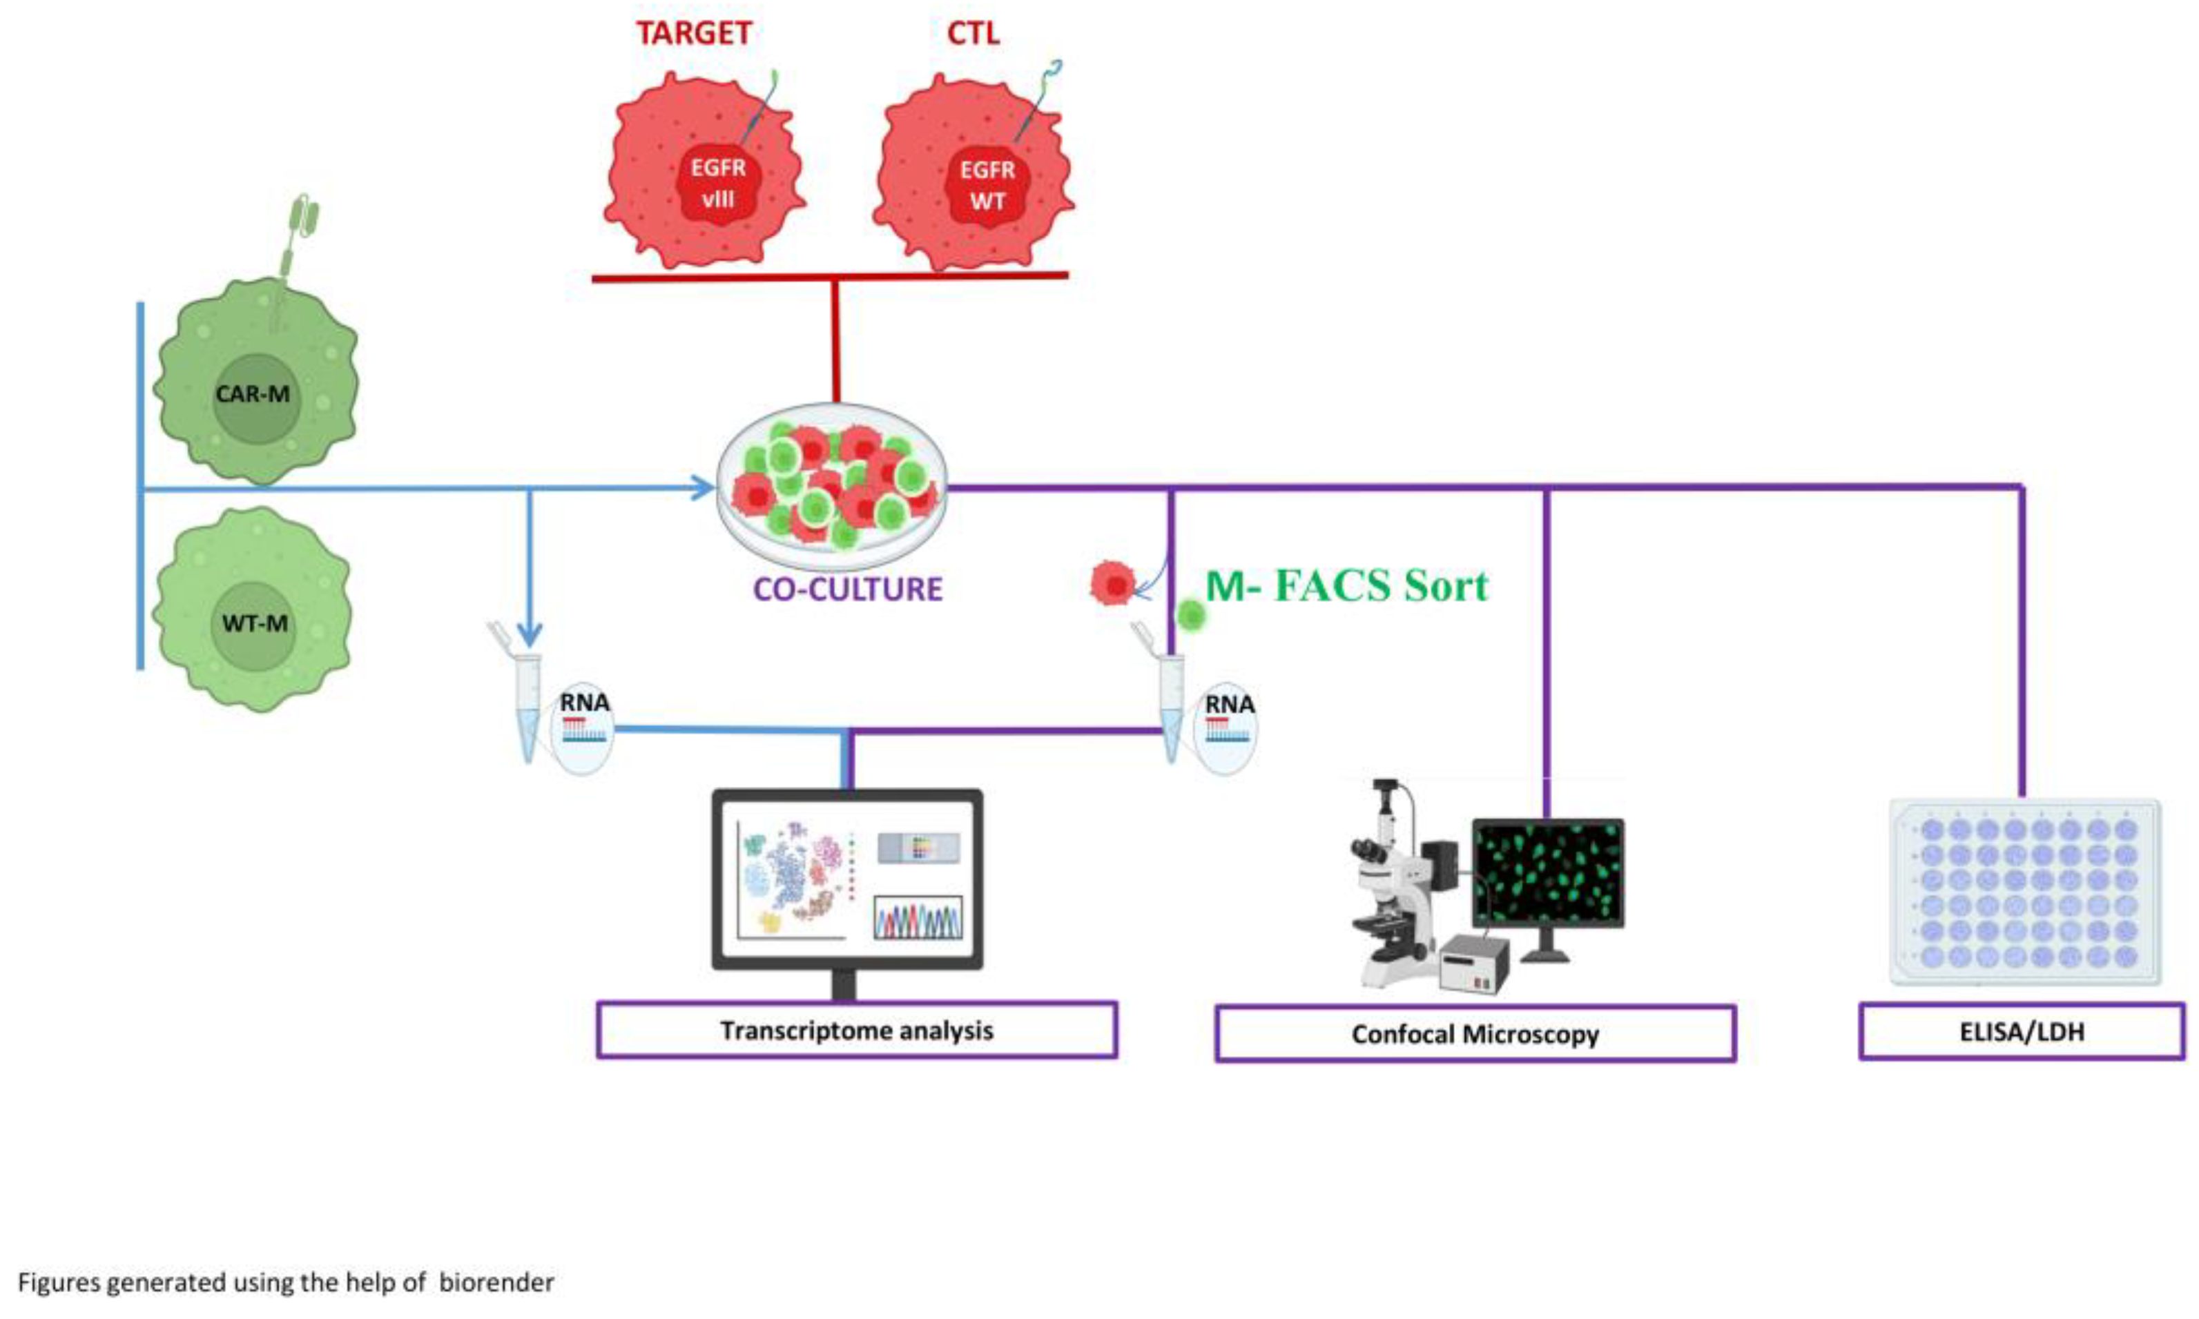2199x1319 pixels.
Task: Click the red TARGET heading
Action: [693, 34]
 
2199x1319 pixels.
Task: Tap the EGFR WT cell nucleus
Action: [987, 186]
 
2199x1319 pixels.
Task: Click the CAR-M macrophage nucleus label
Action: [253, 393]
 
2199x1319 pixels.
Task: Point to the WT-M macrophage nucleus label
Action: [254, 623]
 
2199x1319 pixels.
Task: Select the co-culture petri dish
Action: [832, 487]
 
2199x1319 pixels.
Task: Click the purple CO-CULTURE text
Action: [847, 589]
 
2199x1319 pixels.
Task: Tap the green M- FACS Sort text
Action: [1345, 586]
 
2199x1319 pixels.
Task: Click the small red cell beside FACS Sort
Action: [1113, 584]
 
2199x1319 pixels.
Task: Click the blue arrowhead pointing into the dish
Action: [704, 487]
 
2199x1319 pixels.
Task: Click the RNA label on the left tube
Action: [584, 702]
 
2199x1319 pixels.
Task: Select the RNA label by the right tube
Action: [1228, 704]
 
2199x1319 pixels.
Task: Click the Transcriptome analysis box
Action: [856, 1030]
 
